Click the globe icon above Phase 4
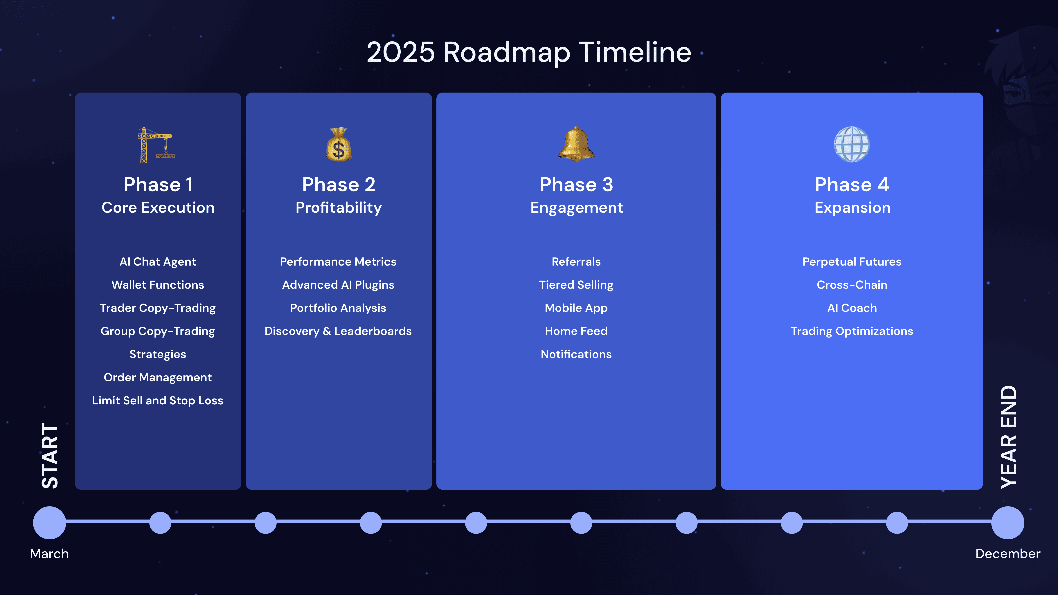tap(852, 145)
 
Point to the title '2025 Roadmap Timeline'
tap(529, 53)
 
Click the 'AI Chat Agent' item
tap(158, 262)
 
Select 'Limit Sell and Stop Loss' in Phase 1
tap(158, 400)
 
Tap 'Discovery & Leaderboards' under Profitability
tap(338, 331)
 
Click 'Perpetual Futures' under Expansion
tap(852, 262)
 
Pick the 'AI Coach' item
tap(852, 308)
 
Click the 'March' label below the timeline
tap(49, 553)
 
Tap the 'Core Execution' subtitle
tap(158, 207)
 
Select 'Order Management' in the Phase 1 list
tap(158, 377)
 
